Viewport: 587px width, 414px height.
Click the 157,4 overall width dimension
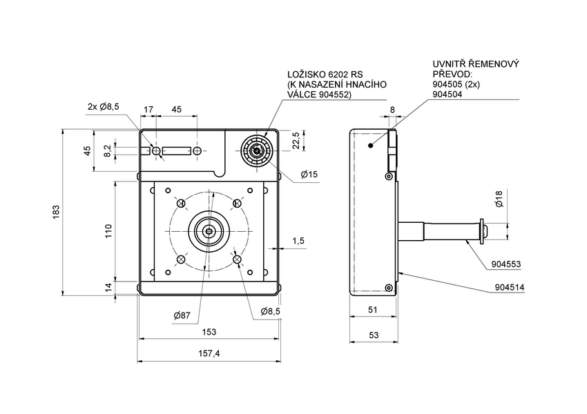coord(209,353)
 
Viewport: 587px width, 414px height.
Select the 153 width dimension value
coord(209,332)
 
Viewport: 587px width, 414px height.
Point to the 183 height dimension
coord(55,211)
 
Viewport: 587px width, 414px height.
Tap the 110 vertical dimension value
coord(108,231)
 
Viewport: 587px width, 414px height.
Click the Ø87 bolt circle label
coord(183,315)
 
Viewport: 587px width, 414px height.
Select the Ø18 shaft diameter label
coord(499,203)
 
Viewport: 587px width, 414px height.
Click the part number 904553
coord(506,264)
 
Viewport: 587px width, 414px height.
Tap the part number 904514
coord(509,286)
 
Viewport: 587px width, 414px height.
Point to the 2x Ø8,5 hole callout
coord(104,106)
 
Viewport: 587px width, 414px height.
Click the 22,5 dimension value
coord(296,140)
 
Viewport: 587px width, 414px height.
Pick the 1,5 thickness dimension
coord(298,241)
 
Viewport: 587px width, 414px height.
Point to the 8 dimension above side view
coord(392,109)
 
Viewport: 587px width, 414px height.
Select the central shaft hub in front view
coord(209,231)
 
